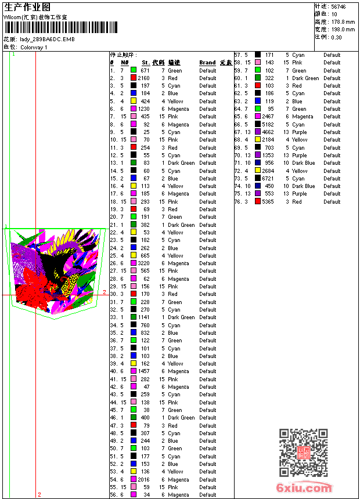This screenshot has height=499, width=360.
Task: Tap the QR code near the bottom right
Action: [303, 453]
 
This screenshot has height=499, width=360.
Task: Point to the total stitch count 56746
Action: [339, 6]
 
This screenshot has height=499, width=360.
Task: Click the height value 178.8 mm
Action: [343, 21]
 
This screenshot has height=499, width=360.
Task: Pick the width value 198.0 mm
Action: [343, 29]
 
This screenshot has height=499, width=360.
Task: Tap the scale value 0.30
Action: [336, 37]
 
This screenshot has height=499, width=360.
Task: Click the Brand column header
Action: [207, 63]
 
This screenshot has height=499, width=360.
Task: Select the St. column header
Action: [146, 63]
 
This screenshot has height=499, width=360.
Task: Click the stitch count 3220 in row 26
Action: [143, 263]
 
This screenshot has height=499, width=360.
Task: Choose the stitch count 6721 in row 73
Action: [268, 179]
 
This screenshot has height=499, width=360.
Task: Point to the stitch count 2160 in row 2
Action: [143, 78]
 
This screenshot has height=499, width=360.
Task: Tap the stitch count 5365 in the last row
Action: [268, 202]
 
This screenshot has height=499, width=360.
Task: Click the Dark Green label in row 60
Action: [305, 78]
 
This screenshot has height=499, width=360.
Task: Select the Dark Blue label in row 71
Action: [304, 163]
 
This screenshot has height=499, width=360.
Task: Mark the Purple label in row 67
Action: [299, 132]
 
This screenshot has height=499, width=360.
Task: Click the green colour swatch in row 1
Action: [134, 70]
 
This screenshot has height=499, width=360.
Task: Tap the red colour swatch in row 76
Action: [258, 202]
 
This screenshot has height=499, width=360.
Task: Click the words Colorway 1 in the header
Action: [34, 47]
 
